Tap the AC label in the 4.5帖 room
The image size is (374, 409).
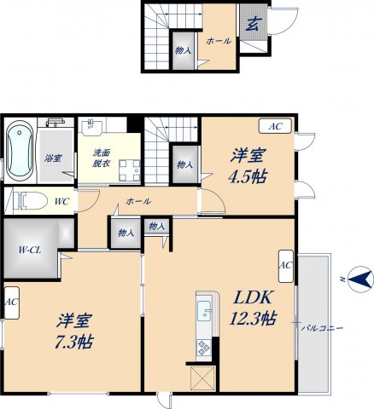276,126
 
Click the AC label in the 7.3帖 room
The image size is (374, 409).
11,302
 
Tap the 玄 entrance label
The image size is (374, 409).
254,24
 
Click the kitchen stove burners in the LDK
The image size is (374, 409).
203,346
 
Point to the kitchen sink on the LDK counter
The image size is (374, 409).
203,309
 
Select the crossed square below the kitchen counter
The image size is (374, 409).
203,376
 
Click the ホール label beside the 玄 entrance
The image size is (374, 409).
219,39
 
